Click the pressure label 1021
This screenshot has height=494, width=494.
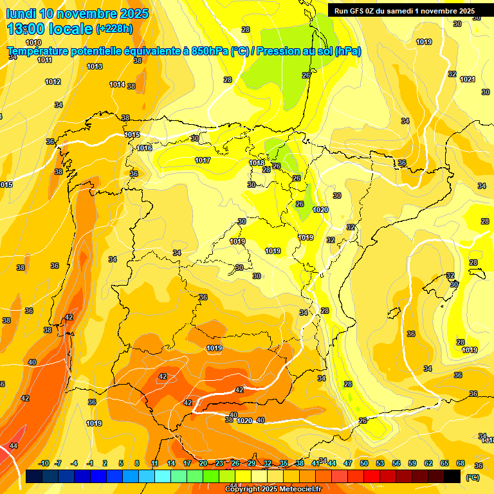[x=468, y=79]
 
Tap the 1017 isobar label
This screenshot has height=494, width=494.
[x=203, y=160]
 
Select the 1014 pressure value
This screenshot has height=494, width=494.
[x=117, y=84]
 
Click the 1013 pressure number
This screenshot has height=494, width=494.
[x=95, y=66]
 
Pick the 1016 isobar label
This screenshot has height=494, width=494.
[x=145, y=148]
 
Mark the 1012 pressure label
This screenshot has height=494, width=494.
[x=53, y=82]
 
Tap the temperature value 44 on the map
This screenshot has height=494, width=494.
[x=14, y=445]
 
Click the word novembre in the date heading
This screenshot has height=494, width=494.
[x=91, y=14]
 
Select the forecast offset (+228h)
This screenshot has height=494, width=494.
[x=115, y=28]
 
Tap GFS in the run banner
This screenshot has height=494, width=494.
[x=356, y=10]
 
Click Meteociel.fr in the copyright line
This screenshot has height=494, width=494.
[x=297, y=489]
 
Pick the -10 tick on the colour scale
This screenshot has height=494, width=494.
[x=44, y=463]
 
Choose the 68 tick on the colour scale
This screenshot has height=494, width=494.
[x=461, y=463]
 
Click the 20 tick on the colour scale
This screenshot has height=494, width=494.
[x=203, y=463]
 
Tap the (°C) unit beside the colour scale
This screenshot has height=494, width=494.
[x=473, y=477]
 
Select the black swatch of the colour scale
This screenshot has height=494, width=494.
[x=452, y=476]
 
